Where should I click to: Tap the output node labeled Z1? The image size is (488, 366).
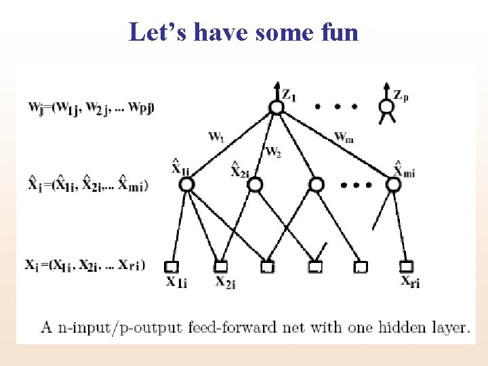(x=275, y=107)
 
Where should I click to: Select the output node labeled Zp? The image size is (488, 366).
(x=386, y=106)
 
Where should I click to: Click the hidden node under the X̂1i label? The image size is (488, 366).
(x=187, y=184)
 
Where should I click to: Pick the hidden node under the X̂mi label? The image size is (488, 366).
(x=393, y=184)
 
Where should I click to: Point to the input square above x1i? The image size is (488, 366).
(x=171, y=266)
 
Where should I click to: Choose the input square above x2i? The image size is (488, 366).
(x=220, y=266)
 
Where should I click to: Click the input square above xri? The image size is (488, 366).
(x=407, y=266)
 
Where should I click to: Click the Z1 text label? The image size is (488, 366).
(x=289, y=96)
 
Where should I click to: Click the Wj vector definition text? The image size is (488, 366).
(x=91, y=106)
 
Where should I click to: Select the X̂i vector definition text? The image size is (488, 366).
(x=89, y=183)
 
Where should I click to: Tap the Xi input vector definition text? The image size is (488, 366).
(x=85, y=264)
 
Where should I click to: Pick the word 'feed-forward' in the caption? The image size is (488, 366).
(x=236, y=328)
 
